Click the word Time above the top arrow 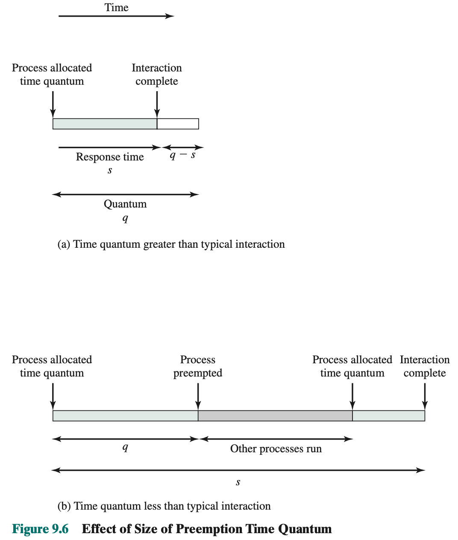[116, 8]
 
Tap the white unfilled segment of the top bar [178, 124]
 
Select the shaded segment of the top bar [105, 124]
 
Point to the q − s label [182, 155]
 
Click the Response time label [110, 157]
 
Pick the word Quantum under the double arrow [125, 204]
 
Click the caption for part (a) [171, 244]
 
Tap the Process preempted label [198, 366]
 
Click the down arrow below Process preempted [198, 396]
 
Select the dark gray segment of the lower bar [275, 415]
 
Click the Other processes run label [276, 449]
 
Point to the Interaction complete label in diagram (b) [425, 366]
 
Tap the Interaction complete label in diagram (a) [157, 74]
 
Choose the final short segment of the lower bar [388, 415]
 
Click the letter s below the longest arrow [238, 482]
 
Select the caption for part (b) [164, 506]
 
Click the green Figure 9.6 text [40, 529]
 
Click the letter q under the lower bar [125, 448]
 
